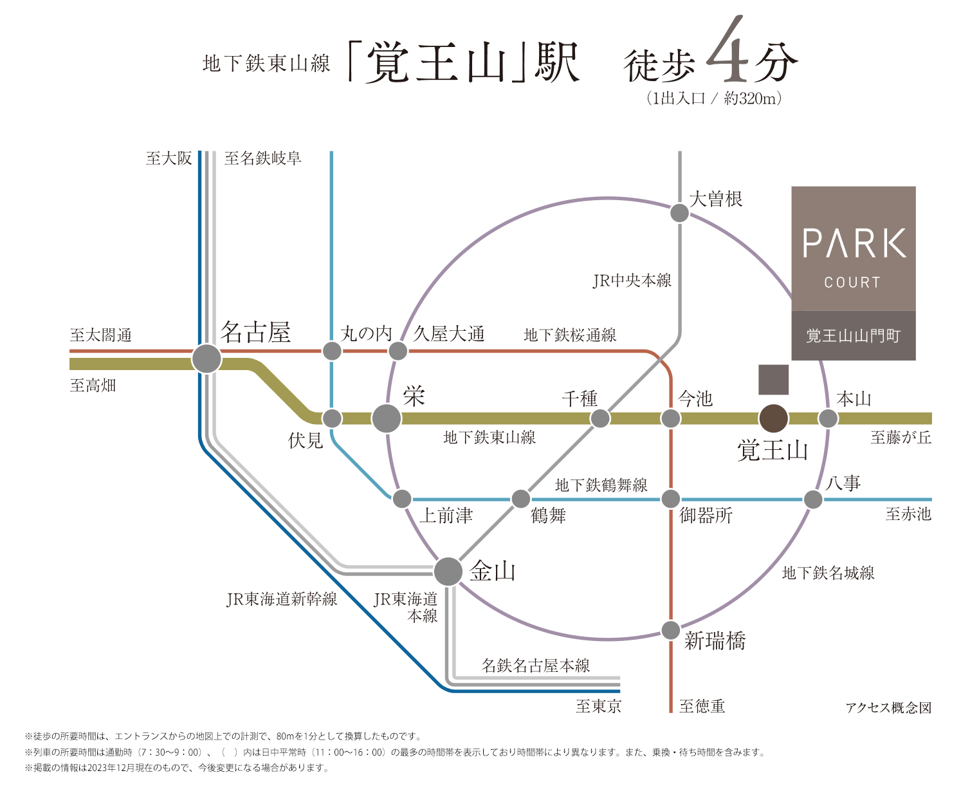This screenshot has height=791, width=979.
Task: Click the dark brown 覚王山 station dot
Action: click(x=773, y=418)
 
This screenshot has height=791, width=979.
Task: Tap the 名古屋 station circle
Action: click(x=206, y=358)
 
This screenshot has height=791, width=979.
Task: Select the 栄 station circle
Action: click(x=386, y=418)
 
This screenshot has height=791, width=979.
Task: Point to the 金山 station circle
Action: click(x=448, y=571)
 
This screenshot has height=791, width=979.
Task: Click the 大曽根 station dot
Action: click(x=679, y=213)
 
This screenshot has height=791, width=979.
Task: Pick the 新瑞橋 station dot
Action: click(x=671, y=630)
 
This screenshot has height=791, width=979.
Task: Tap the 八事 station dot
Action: click(x=812, y=499)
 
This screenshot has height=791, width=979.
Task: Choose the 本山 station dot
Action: click(x=828, y=418)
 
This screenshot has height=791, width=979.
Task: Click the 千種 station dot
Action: click(x=599, y=418)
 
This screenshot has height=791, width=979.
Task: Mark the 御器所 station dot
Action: click(x=671, y=499)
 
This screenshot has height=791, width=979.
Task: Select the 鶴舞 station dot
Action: click(x=521, y=499)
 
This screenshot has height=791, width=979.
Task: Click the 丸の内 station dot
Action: click(x=332, y=351)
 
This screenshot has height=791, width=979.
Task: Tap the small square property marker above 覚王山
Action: click(x=773, y=379)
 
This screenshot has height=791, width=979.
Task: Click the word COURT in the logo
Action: click(x=852, y=283)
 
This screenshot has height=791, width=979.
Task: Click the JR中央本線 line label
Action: click(x=632, y=280)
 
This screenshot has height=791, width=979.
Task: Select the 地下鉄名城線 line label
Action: click(x=828, y=573)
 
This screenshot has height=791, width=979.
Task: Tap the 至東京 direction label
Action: click(x=598, y=705)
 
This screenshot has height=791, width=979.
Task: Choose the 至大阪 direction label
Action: click(x=169, y=158)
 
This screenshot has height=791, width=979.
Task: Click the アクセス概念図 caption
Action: click(x=888, y=707)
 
